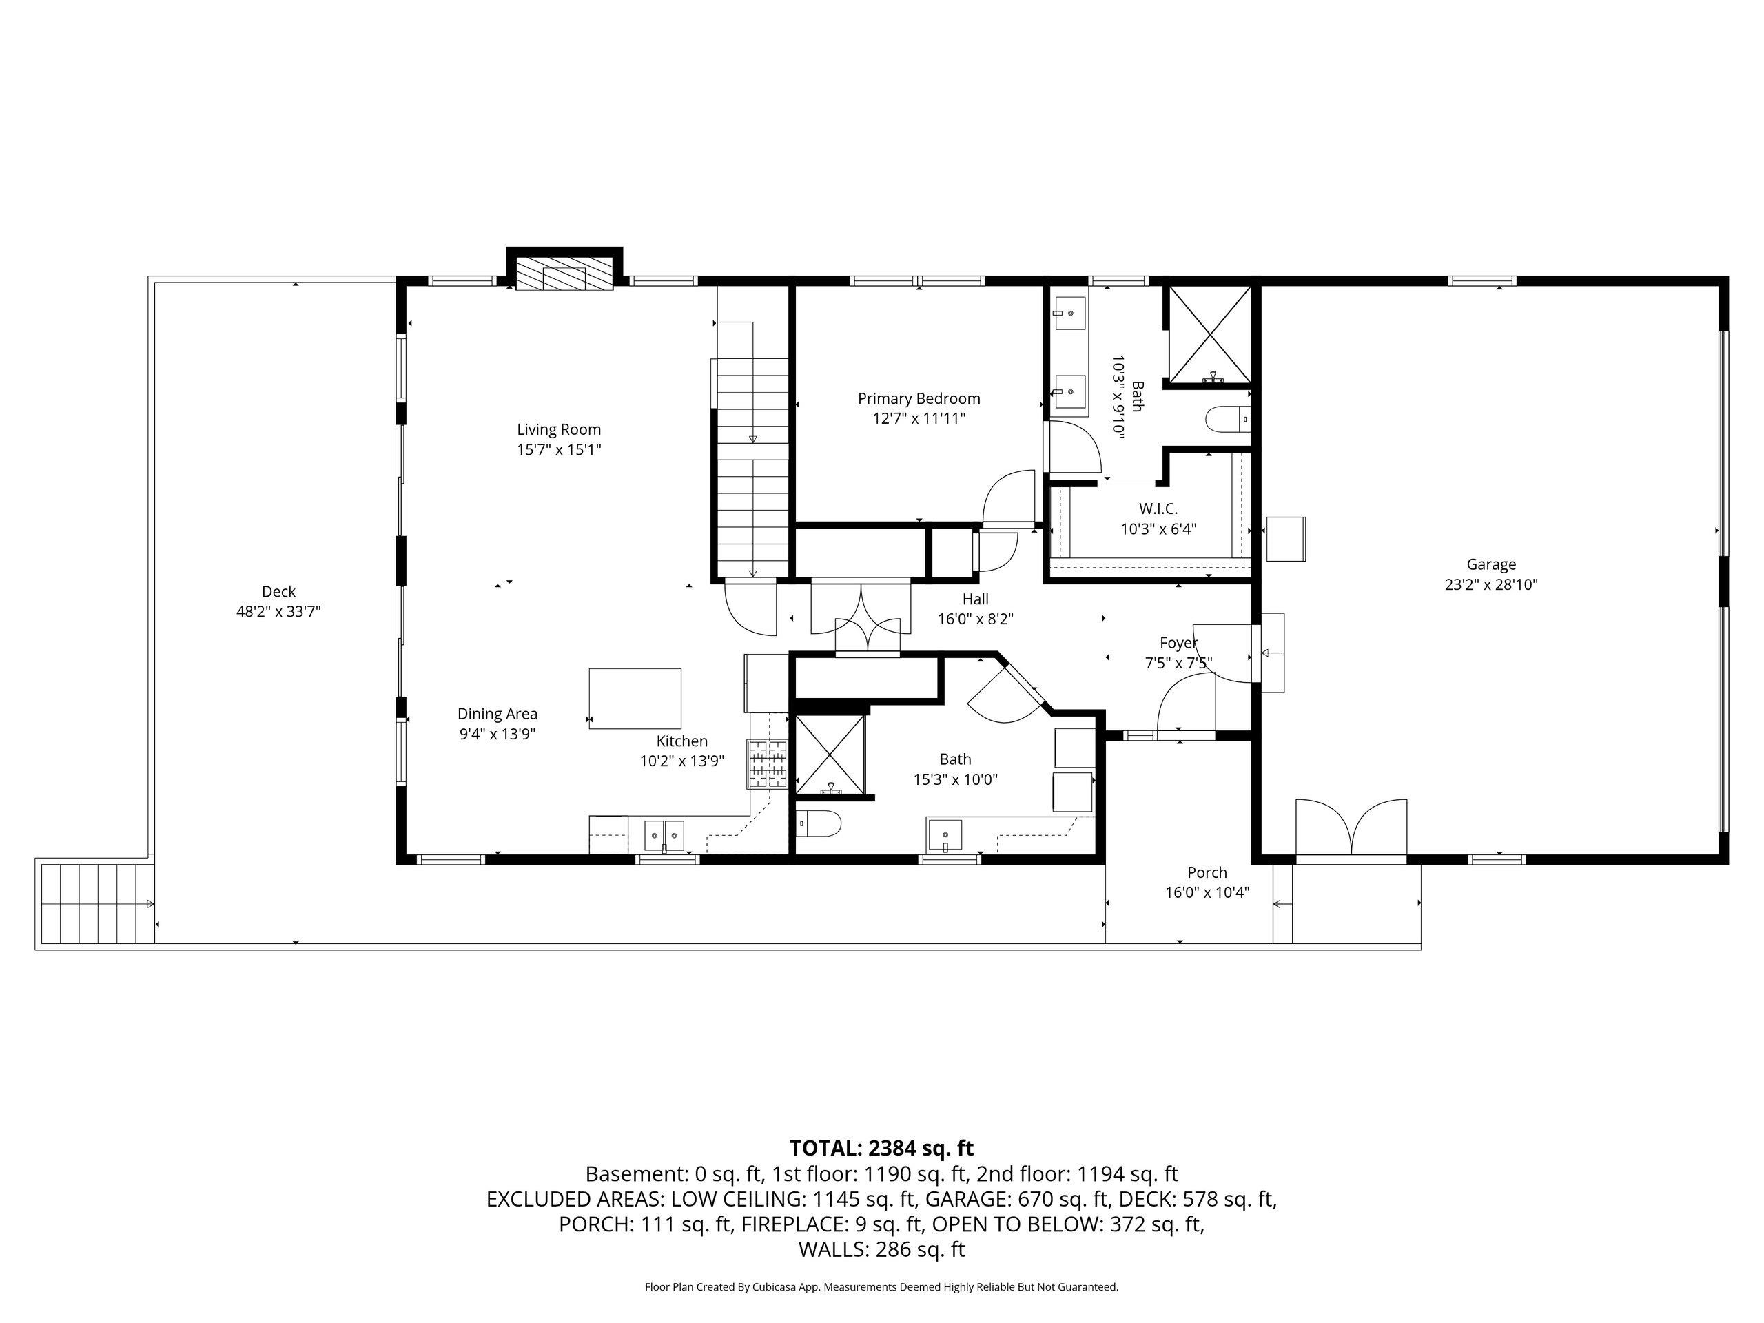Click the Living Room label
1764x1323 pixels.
[x=558, y=430]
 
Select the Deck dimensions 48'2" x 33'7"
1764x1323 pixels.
[x=278, y=612]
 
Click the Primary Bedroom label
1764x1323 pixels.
[x=919, y=399]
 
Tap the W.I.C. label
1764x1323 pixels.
[x=1158, y=509]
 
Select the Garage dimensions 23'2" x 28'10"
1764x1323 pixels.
[x=1490, y=584]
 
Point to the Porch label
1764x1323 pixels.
[x=1207, y=872]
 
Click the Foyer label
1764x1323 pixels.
[x=1178, y=643]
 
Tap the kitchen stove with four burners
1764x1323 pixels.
[x=767, y=764]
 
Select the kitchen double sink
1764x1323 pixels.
[x=664, y=836]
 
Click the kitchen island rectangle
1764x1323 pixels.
[x=635, y=698]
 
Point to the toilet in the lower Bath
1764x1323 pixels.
[x=818, y=823]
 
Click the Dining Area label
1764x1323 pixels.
[x=497, y=714]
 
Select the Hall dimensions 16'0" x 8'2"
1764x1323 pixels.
[x=974, y=619]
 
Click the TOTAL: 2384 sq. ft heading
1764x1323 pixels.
[x=881, y=1149]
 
